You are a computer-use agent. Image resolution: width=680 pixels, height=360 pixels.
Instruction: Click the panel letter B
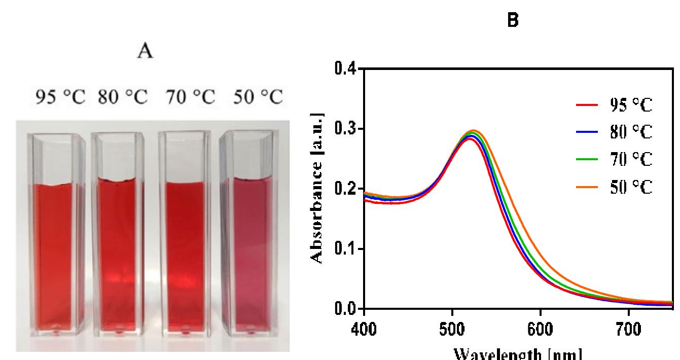coord(513,22)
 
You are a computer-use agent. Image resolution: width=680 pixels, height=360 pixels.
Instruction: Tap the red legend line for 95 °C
coord(585,106)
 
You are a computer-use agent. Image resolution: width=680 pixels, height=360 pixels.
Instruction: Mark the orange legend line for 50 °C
coord(585,188)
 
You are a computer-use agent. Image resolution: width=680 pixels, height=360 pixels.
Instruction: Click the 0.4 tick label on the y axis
coord(346,69)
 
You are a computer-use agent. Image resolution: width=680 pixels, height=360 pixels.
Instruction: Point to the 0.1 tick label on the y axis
coord(346,249)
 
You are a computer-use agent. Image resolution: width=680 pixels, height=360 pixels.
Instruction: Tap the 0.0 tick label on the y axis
coord(346,309)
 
